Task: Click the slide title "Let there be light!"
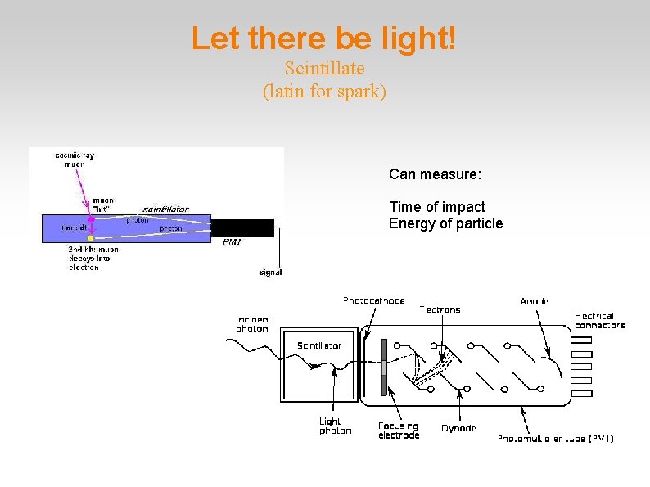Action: point(324,38)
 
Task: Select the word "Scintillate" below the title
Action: point(324,68)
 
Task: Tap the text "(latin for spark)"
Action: point(324,91)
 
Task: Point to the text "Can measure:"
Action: point(435,174)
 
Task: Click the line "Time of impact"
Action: point(436,207)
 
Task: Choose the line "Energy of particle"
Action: point(445,223)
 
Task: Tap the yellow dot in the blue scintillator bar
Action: point(91,238)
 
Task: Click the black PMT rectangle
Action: point(242,228)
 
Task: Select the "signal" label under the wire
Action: point(270,273)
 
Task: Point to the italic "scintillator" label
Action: point(166,209)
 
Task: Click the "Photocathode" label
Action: point(373,301)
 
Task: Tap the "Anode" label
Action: point(535,301)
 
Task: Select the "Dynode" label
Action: point(458,428)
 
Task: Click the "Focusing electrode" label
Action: point(399,431)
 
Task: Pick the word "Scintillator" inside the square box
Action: point(319,345)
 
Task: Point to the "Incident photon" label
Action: point(252,324)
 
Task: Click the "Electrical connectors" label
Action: point(599,320)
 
